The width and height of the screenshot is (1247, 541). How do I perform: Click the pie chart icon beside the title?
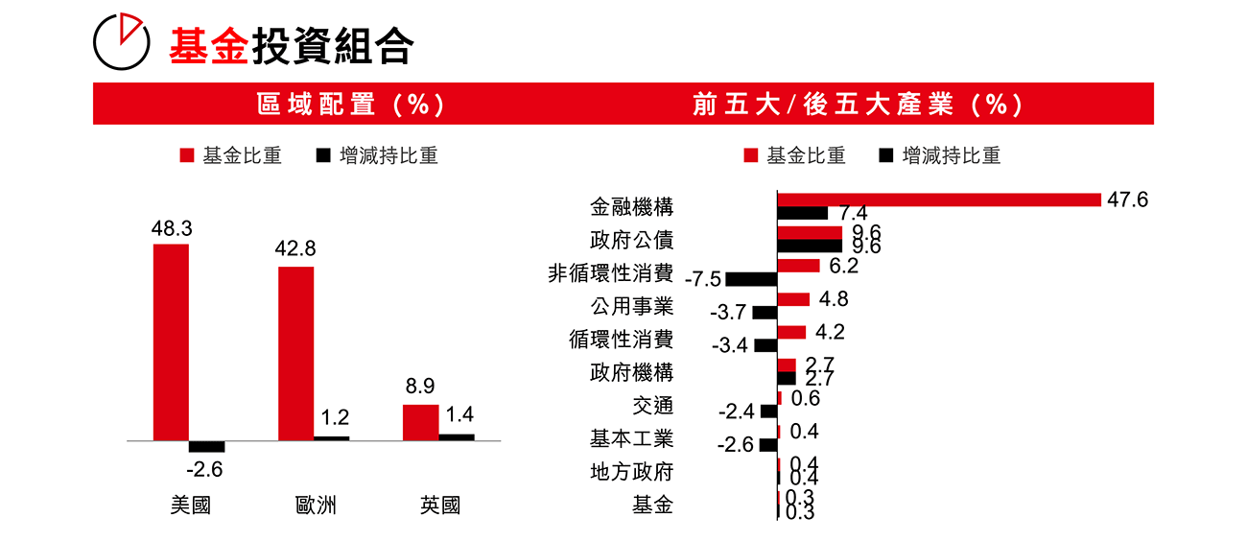pos(122,42)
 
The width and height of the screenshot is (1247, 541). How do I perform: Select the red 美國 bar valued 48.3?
pos(171,342)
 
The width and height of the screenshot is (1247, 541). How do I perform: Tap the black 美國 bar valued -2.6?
pos(206,446)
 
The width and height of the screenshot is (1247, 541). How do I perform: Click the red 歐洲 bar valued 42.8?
pos(295,353)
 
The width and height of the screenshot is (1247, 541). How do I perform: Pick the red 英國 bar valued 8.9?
pos(420,422)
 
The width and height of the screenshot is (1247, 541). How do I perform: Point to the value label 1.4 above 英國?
pos(460,415)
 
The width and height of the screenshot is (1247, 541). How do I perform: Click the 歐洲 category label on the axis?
pos(316,506)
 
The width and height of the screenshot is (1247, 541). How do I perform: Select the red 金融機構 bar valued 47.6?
pos(938,200)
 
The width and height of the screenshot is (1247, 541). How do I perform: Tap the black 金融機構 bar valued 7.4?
pos(802,213)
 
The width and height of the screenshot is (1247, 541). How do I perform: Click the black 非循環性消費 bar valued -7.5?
pos(751,279)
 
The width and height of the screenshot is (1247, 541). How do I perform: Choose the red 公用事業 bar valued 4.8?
pos(793,299)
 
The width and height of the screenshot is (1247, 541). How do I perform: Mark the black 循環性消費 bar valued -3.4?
pos(765,345)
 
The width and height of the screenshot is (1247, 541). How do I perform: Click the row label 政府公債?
pos(631,240)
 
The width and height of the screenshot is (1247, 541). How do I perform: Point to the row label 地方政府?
pos(631,472)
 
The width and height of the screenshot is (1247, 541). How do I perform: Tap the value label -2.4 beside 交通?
pos(736,412)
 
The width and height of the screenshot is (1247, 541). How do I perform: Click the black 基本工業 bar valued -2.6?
pos(767,445)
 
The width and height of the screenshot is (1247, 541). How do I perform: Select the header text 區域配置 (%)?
pos(351,105)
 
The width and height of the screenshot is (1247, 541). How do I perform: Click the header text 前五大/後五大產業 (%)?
pos(858,105)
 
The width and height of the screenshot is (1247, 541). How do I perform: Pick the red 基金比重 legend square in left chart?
pos(188,155)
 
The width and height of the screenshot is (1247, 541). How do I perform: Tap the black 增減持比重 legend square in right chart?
pos(886,155)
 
